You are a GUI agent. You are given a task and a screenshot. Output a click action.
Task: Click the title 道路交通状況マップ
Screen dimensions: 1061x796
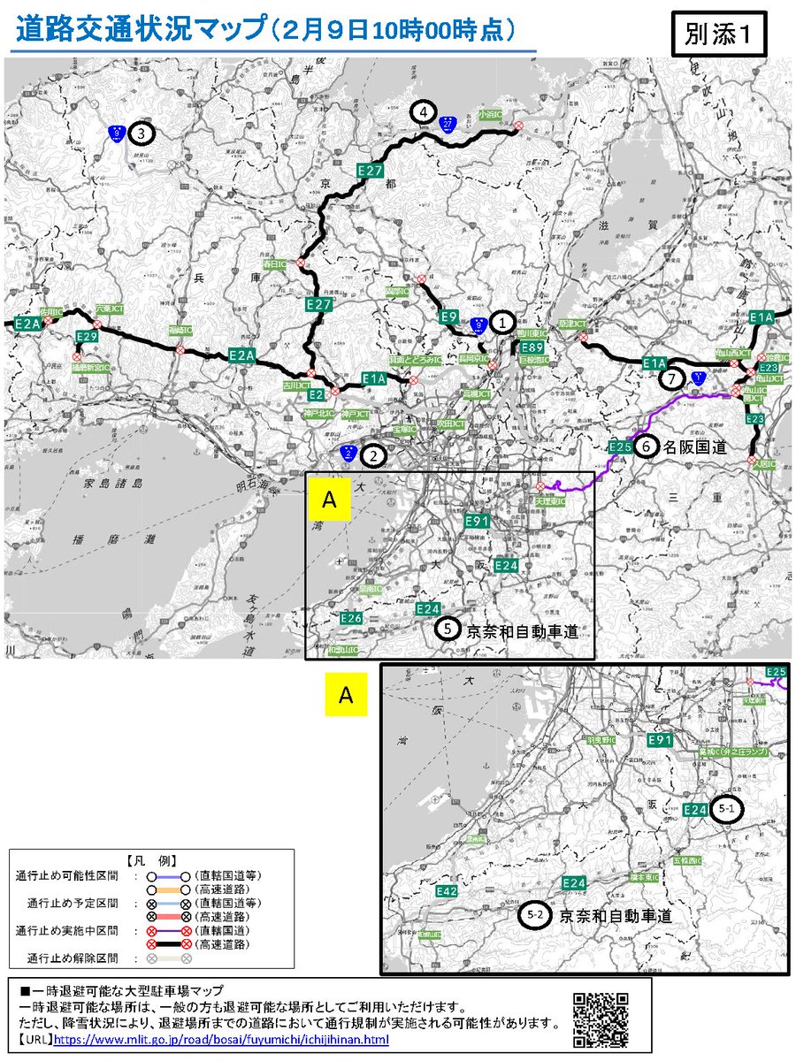[x=142, y=29]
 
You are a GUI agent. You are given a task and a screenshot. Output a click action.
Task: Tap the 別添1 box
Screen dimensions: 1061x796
[x=718, y=35]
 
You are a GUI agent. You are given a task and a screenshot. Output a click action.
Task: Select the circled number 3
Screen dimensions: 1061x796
[x=142, y=134]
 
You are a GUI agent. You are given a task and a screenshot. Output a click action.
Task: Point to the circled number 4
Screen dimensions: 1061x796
[x=425, y=112]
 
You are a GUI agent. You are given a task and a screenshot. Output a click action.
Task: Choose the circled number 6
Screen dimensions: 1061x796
[x=646, y=448]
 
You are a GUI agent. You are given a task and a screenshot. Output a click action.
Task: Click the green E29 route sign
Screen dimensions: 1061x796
[x=87, y=337]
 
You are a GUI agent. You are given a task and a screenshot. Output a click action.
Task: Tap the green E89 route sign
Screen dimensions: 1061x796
[x=532, y=347]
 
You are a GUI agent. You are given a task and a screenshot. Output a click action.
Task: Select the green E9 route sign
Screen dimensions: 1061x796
[x=448, y=316]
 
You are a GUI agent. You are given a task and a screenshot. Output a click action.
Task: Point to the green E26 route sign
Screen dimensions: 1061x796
[x=350, y=617]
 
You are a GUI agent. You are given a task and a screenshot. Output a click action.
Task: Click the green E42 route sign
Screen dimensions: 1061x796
[x=447, y=892]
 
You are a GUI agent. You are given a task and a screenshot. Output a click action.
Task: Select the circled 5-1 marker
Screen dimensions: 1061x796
[x=729, y=809]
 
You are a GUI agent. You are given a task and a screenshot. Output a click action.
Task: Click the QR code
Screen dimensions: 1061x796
[x=601, y=1017]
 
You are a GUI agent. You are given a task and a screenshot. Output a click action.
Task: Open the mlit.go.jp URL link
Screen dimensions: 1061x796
[x=221, y=1039]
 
